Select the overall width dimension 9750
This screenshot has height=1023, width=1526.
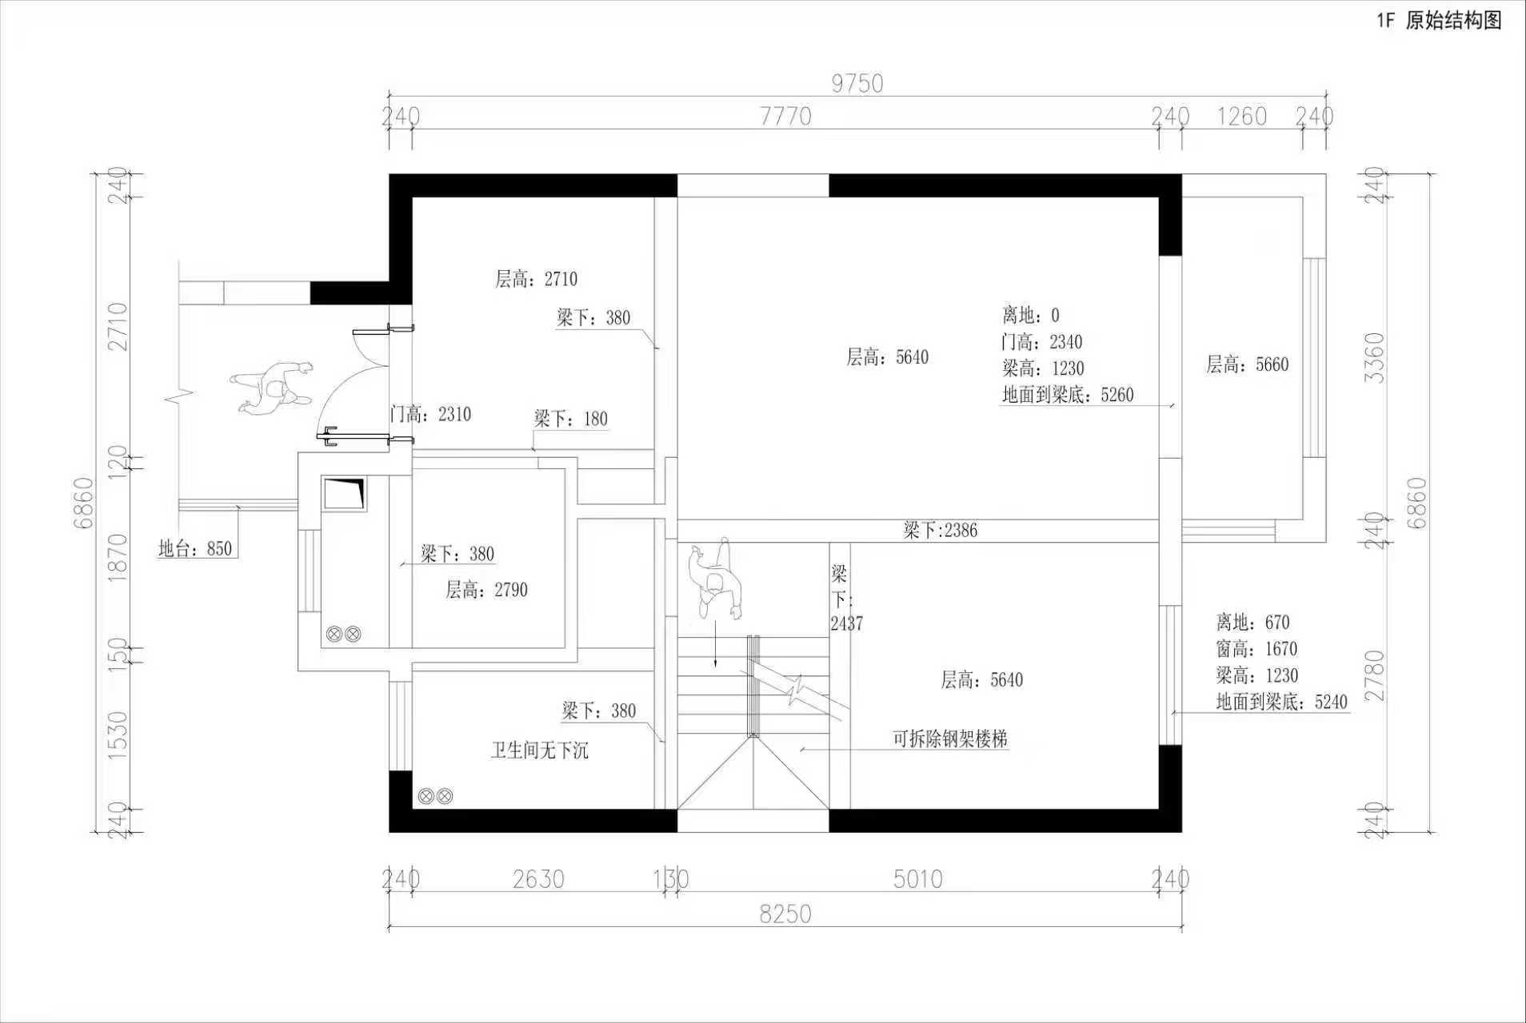coord(857,83)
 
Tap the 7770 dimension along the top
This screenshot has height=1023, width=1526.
coord(785,117)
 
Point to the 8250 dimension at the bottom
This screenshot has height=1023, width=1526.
coord(785,914)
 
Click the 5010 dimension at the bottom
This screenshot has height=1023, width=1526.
coord(918,879)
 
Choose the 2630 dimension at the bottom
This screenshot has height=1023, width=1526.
coord(538,879)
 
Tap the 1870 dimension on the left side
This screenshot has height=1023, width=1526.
coord(117,556)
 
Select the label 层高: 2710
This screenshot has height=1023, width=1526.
coord(536,279)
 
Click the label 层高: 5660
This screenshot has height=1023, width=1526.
coord(1248,364)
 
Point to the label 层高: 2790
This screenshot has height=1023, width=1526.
coord(486,590)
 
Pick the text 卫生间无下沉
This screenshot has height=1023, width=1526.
coord(539,750)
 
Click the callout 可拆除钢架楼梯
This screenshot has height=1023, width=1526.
coord(950,738)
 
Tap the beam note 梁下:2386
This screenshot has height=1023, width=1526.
coord(941,530)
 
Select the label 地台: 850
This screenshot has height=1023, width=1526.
coord(195,548)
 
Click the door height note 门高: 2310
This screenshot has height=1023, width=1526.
coord(430,414)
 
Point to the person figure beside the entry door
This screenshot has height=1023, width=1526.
coord(272,388)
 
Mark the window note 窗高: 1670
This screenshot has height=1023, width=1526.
coord(1256,648)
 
